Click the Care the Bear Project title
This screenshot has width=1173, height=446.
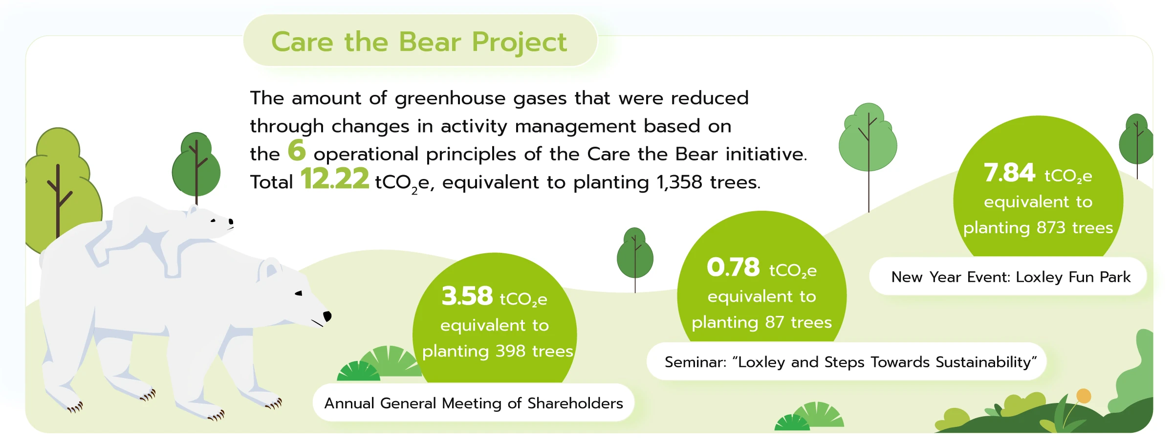419,42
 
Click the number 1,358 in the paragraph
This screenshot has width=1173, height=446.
679,182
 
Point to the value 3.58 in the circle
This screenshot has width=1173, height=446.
467,296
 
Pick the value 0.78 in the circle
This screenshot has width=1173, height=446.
733,267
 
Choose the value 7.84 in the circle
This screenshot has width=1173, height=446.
1009,173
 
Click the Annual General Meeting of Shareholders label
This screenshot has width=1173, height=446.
474,403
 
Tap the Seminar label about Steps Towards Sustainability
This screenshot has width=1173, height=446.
850,362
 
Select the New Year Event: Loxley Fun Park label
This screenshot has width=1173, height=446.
1011,277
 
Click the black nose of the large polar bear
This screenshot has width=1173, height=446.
327,316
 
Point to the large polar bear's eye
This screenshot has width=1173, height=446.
298,293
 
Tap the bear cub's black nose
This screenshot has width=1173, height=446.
231,223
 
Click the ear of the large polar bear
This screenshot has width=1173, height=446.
269,268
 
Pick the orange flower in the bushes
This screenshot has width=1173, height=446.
1084,396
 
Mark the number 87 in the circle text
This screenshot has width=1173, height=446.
775,322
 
